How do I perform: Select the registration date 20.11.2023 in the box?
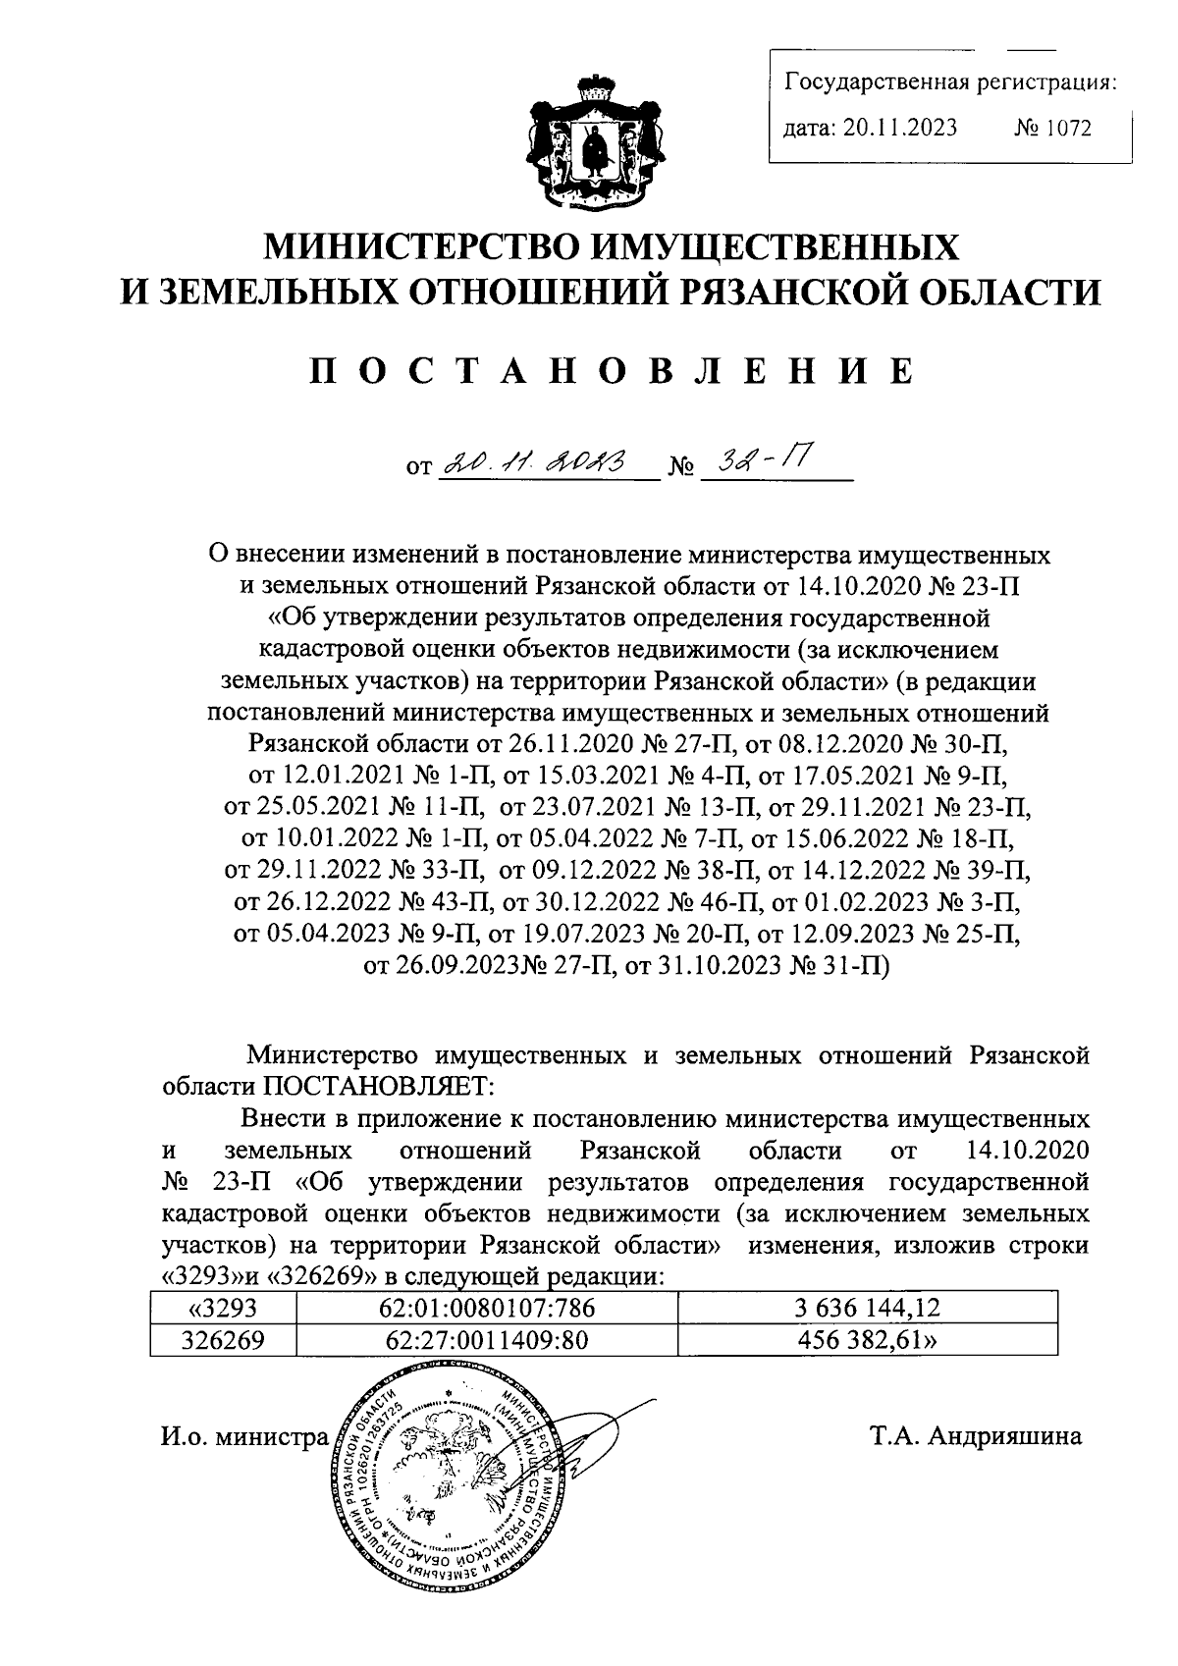pos(899,129)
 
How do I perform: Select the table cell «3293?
pos(222,1307)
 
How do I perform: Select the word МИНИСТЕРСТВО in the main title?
pos(429,246)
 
